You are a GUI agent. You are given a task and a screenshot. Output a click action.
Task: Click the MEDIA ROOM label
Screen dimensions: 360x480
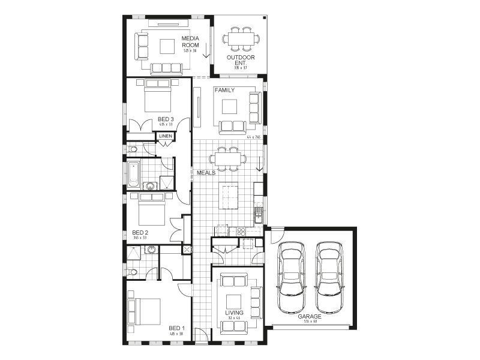tap(190, 41)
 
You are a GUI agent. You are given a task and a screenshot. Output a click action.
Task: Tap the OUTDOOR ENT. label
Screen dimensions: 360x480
tap(241, 60)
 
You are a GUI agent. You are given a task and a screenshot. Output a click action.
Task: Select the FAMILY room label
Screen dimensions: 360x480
tap(224, 89)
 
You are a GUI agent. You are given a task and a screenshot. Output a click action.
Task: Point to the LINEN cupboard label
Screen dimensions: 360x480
tap(166, 136)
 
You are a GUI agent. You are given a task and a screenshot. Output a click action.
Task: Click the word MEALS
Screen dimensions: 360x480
tap(206, 173)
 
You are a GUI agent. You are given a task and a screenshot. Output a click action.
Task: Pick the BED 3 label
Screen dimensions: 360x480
tap(166, 119)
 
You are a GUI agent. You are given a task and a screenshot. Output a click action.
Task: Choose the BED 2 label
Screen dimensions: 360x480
tap(140, 232)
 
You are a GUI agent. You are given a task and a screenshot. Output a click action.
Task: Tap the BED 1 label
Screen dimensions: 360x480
tap(176, 328)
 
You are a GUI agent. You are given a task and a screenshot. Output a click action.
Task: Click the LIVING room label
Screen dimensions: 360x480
tap(234, 313)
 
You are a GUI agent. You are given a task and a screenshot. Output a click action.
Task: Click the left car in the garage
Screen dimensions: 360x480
tap(292, 269)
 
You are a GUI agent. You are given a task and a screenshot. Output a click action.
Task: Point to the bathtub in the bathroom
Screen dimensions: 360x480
tap(133, 174)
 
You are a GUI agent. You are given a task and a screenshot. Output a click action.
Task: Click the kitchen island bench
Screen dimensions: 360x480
tap(229, 196)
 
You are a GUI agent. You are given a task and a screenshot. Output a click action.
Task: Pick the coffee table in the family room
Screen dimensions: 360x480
tap(230, 106)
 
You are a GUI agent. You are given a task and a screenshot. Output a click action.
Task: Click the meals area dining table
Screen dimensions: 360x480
tap(227, 158)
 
